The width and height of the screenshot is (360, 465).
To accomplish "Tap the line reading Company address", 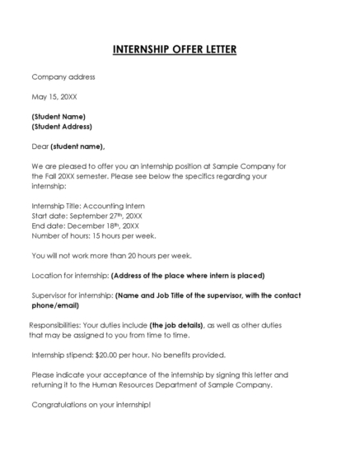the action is [63, 77].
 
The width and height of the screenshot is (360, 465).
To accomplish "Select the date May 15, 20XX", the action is [54, 96].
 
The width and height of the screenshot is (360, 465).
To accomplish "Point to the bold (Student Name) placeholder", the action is [58, 116].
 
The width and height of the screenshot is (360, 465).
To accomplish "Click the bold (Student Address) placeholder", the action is [62, 127].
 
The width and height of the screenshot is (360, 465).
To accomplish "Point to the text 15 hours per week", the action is [124, 235].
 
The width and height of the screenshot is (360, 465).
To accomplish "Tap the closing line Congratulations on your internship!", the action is [91, 404].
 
